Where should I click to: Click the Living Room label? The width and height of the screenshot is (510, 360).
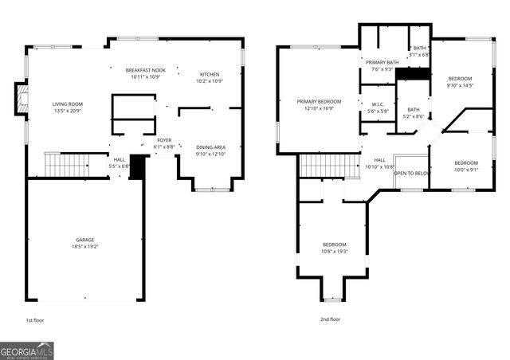68,104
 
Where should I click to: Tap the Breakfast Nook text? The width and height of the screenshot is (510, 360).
144,71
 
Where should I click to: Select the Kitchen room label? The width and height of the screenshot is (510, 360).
210,74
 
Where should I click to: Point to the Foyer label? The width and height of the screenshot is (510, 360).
163,141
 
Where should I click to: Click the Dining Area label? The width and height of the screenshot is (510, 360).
210,147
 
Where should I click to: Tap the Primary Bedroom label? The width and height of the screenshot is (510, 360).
319,102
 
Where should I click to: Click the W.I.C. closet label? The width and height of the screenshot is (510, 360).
379,104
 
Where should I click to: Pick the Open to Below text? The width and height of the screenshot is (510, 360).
413,172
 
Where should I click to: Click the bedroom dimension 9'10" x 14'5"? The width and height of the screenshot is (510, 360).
460,85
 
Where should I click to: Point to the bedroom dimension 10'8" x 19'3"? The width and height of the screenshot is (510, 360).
335,251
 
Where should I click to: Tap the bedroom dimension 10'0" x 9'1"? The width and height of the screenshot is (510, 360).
465,169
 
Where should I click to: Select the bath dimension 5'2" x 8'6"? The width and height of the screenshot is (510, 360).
414,116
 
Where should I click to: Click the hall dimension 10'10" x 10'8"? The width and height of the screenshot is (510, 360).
380,167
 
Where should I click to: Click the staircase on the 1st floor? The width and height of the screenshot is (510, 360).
67,165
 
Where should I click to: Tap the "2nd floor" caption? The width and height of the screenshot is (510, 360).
330,319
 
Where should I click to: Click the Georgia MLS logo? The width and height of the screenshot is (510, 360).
27,351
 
